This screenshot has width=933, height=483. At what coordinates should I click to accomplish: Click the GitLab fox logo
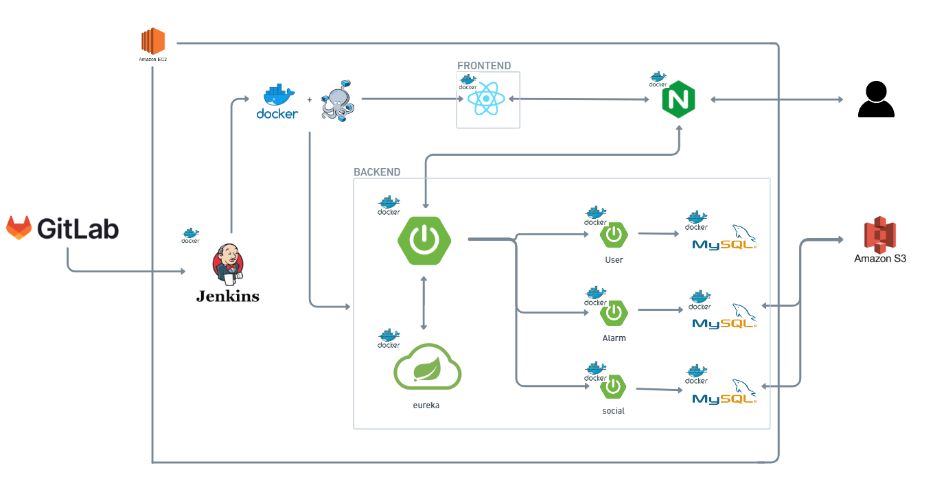point(19,228)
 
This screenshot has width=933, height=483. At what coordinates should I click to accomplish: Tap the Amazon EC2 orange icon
point(153,41)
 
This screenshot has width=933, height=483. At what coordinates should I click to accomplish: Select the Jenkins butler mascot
point(228,264)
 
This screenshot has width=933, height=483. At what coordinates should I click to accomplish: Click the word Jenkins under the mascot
point(228,296)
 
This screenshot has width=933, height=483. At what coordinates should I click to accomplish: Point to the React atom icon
point(486,99)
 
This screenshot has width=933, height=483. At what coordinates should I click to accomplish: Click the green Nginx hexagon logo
point(679,100)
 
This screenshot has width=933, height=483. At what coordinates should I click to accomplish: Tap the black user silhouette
point(876,99)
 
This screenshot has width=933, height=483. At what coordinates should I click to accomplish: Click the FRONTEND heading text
point(484,66)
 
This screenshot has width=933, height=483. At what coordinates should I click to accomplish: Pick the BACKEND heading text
point(377,172)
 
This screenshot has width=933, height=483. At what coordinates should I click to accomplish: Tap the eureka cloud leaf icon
point(427,367)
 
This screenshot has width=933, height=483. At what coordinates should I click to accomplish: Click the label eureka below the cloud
point(426,405)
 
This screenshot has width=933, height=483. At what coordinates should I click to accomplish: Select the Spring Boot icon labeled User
point(614,235)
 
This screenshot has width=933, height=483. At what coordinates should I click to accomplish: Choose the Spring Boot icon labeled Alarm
point(614,313)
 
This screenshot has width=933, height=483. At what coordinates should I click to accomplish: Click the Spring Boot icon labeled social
point(614,388)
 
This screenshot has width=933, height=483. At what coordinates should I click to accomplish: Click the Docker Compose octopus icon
point(338,100)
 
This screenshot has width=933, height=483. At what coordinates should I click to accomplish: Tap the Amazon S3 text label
point(880,259)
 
